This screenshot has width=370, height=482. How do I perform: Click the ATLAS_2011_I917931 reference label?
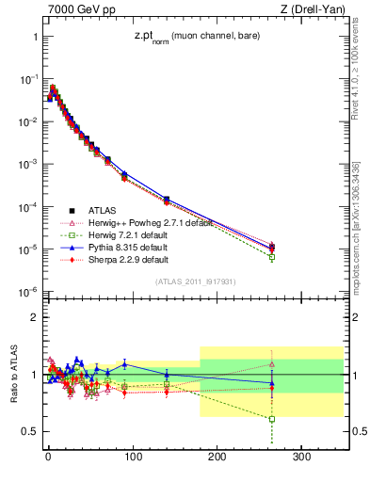click(x=195, y=281)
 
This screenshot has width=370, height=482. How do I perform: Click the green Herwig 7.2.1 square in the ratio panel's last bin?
click(x=271, y=419)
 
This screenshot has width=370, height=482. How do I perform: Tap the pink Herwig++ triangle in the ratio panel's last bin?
click(x=271, y=363)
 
